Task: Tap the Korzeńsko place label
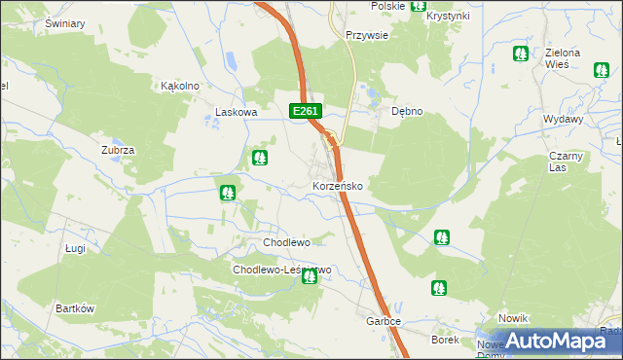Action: [338, 185]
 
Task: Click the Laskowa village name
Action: [236, 112]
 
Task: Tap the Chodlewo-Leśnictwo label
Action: [281, 270]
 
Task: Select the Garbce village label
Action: [384, 321]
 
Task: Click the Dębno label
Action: [407, 111]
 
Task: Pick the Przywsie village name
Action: [367, 35]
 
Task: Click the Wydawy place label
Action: [564, 118]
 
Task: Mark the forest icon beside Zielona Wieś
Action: [522, 54]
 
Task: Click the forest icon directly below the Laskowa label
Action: [260, 157]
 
